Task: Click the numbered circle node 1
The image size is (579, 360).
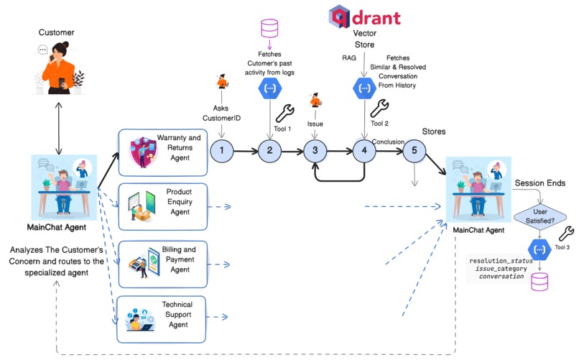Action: (223, 151)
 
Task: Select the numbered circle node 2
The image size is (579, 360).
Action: (269, 151)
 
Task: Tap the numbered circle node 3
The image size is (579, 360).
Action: (315, 151)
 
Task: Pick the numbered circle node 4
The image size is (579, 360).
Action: (364, 151)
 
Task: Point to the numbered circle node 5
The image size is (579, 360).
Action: (413, 151)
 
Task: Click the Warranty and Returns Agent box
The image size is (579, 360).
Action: (162, 152)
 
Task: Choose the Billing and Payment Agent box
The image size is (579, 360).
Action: (162, 259)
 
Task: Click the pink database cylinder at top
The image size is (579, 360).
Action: (269, 29)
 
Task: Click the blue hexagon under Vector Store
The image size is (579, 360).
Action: (364, 88)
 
